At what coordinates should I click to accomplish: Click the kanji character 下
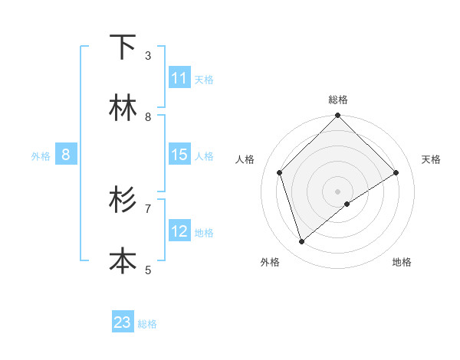[123, 47]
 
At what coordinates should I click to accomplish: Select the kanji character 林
[123, 108]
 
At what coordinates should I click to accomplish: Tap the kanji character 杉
[123, 200]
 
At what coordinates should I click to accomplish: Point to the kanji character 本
[123, 260]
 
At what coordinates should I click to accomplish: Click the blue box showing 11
[179, 78]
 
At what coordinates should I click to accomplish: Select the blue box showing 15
[179, 155]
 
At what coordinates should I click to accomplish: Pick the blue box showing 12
[179, 231]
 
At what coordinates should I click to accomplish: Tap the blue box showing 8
[66, 155]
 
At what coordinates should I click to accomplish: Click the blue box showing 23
[123, 322]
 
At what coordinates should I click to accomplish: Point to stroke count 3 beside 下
[148, 56]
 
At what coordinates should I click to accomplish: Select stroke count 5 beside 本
[148, 270]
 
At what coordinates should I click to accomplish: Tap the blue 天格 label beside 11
[204, 79]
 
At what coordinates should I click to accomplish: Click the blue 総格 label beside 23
[147, 324]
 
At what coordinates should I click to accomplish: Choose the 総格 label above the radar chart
[337, 100]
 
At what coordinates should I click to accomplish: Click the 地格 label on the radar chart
[402, 262]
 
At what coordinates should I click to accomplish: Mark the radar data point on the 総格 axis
[337, 116]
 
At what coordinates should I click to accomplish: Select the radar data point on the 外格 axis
[301, 242]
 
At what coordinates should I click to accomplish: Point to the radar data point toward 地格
[347, 204]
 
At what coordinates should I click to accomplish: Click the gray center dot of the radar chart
[337, 191]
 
